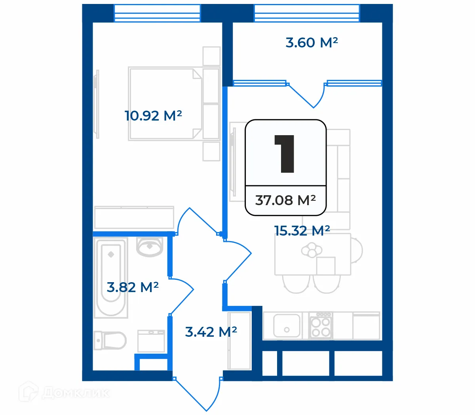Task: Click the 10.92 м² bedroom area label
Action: [153, 116]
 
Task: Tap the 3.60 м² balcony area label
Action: [312, 43]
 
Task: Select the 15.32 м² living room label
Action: [302, 231]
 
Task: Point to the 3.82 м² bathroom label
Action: [133, 287]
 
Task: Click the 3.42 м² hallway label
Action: [211, 332]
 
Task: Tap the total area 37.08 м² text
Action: [285, 200]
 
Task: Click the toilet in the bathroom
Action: [110, 340]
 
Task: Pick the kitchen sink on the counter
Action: [287, 326]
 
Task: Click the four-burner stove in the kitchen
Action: [320, 326]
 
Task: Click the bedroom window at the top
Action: [157, 13]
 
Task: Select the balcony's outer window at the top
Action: [307, 13]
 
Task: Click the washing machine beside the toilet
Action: [151, 341]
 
